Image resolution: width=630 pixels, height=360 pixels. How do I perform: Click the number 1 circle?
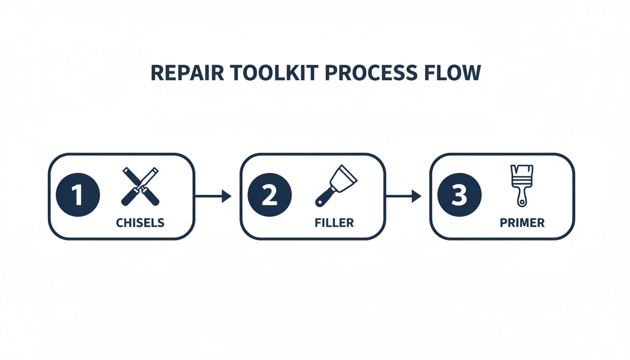click(x=78, y=195)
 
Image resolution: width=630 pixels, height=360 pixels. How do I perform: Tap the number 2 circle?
click(x=270, y=195)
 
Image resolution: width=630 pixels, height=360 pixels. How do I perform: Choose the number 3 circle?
click(x=459, y=195)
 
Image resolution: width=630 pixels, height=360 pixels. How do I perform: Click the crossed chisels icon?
click(x=140, y=186)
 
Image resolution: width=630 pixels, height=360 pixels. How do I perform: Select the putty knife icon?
click(x=331, y=186)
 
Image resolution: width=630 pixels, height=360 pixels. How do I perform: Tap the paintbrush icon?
click(x=522, y=185)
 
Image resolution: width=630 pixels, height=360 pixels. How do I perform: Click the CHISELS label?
click(x=140, y=223)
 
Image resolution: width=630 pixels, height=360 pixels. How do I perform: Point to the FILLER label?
click(x=334, y=223)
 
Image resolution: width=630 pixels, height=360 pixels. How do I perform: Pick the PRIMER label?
click(x=522, y=223)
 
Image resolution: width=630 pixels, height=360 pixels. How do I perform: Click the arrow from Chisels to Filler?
click(x=212, y=196)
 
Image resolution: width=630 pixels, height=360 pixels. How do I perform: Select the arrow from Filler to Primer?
click(x=403, y=196)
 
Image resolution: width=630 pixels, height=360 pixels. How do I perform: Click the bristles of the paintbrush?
click(x=522, y=172)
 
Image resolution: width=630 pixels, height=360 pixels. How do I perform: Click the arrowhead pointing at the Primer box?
click(x=416, y=196)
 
